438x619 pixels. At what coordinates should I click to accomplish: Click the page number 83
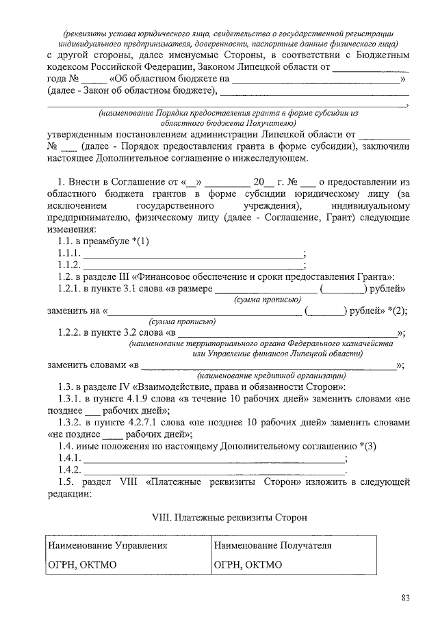coord(405,599)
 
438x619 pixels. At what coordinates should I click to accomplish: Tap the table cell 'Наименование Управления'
coord(107,546)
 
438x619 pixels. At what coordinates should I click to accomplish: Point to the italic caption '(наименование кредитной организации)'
coord(272,376)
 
